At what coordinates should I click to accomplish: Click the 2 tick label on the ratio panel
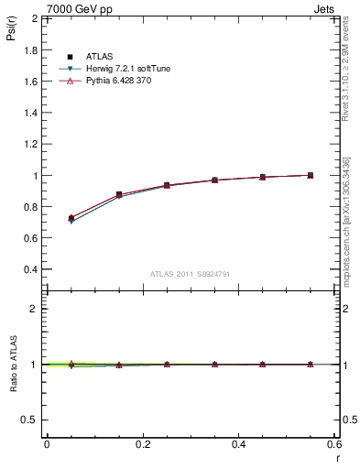click(33, 309)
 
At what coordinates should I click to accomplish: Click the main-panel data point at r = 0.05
click(71, 218)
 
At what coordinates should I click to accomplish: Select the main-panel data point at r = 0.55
click(311, 175)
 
